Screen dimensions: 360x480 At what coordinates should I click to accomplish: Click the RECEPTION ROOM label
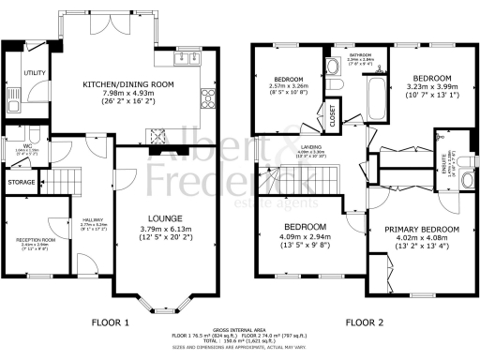click(36, 240)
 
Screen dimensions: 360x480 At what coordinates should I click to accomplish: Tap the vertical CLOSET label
click(333, 115)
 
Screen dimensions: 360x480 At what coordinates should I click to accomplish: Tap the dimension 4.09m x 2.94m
click(306, 238)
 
